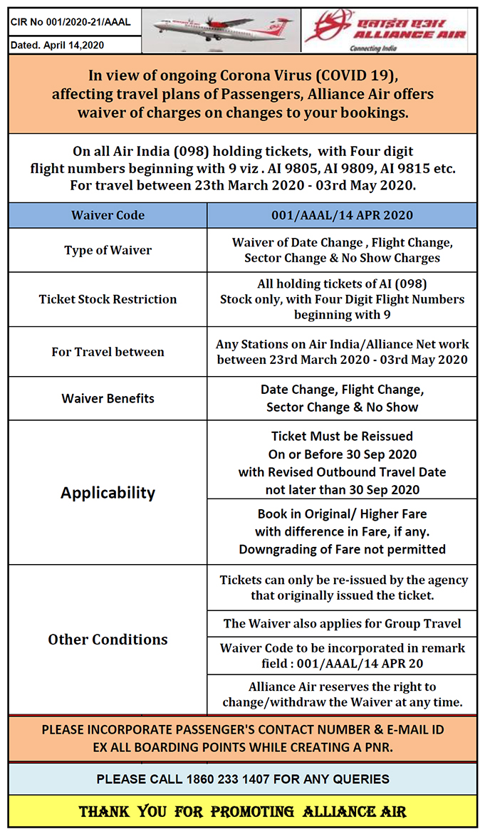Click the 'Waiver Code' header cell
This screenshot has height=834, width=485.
click(108, 215)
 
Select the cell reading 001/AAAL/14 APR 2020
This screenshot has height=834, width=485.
click(342, 215)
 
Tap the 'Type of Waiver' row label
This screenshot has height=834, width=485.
click(108, 250)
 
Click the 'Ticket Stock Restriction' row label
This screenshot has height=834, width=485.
click(108, 299)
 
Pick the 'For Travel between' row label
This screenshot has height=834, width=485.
click(108, 352)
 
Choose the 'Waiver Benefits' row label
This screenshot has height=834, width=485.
click(108, 398)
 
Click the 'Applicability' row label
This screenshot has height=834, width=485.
click(108, 492)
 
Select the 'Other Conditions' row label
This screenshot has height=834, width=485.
click(108, 640)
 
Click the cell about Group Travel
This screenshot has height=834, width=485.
click(342, 623)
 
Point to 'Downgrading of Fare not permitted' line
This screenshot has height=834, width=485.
click(342, 549)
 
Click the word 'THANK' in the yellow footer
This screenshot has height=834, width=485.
click(104, 812)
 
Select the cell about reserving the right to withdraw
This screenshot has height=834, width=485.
click(342, 694)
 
